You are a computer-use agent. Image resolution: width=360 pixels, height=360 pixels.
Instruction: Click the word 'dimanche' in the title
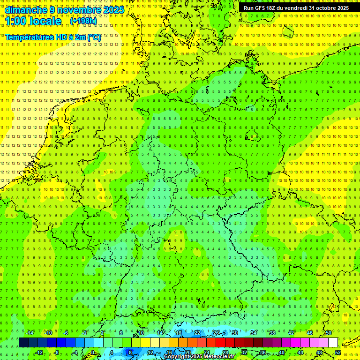(25, 10)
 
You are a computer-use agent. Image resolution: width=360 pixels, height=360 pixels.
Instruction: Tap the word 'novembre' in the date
(78, 10)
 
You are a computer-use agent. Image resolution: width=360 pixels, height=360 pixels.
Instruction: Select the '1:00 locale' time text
(33, 22)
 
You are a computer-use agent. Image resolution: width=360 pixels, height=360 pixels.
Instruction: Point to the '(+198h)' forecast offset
(83, 22)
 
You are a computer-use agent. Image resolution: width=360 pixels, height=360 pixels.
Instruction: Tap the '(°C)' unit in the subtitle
(94, 37)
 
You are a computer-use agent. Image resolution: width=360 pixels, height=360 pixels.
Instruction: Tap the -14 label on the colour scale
(30, 333)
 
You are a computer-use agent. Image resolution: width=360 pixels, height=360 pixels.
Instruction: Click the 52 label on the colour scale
(337, 352)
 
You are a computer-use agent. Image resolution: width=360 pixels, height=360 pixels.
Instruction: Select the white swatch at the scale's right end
(333, 342)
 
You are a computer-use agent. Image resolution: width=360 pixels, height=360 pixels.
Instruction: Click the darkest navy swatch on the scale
(23, 342)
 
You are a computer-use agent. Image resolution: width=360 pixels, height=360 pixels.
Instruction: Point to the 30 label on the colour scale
(234, 333)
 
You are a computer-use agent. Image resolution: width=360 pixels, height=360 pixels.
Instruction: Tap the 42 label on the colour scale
(291, 333)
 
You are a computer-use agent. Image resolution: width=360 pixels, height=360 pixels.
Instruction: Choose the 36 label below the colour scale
(262, 352)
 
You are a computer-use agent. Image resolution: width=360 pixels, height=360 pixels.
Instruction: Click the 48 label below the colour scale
(319, 352)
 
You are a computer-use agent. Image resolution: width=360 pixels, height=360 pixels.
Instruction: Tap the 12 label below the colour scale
(150, 352)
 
